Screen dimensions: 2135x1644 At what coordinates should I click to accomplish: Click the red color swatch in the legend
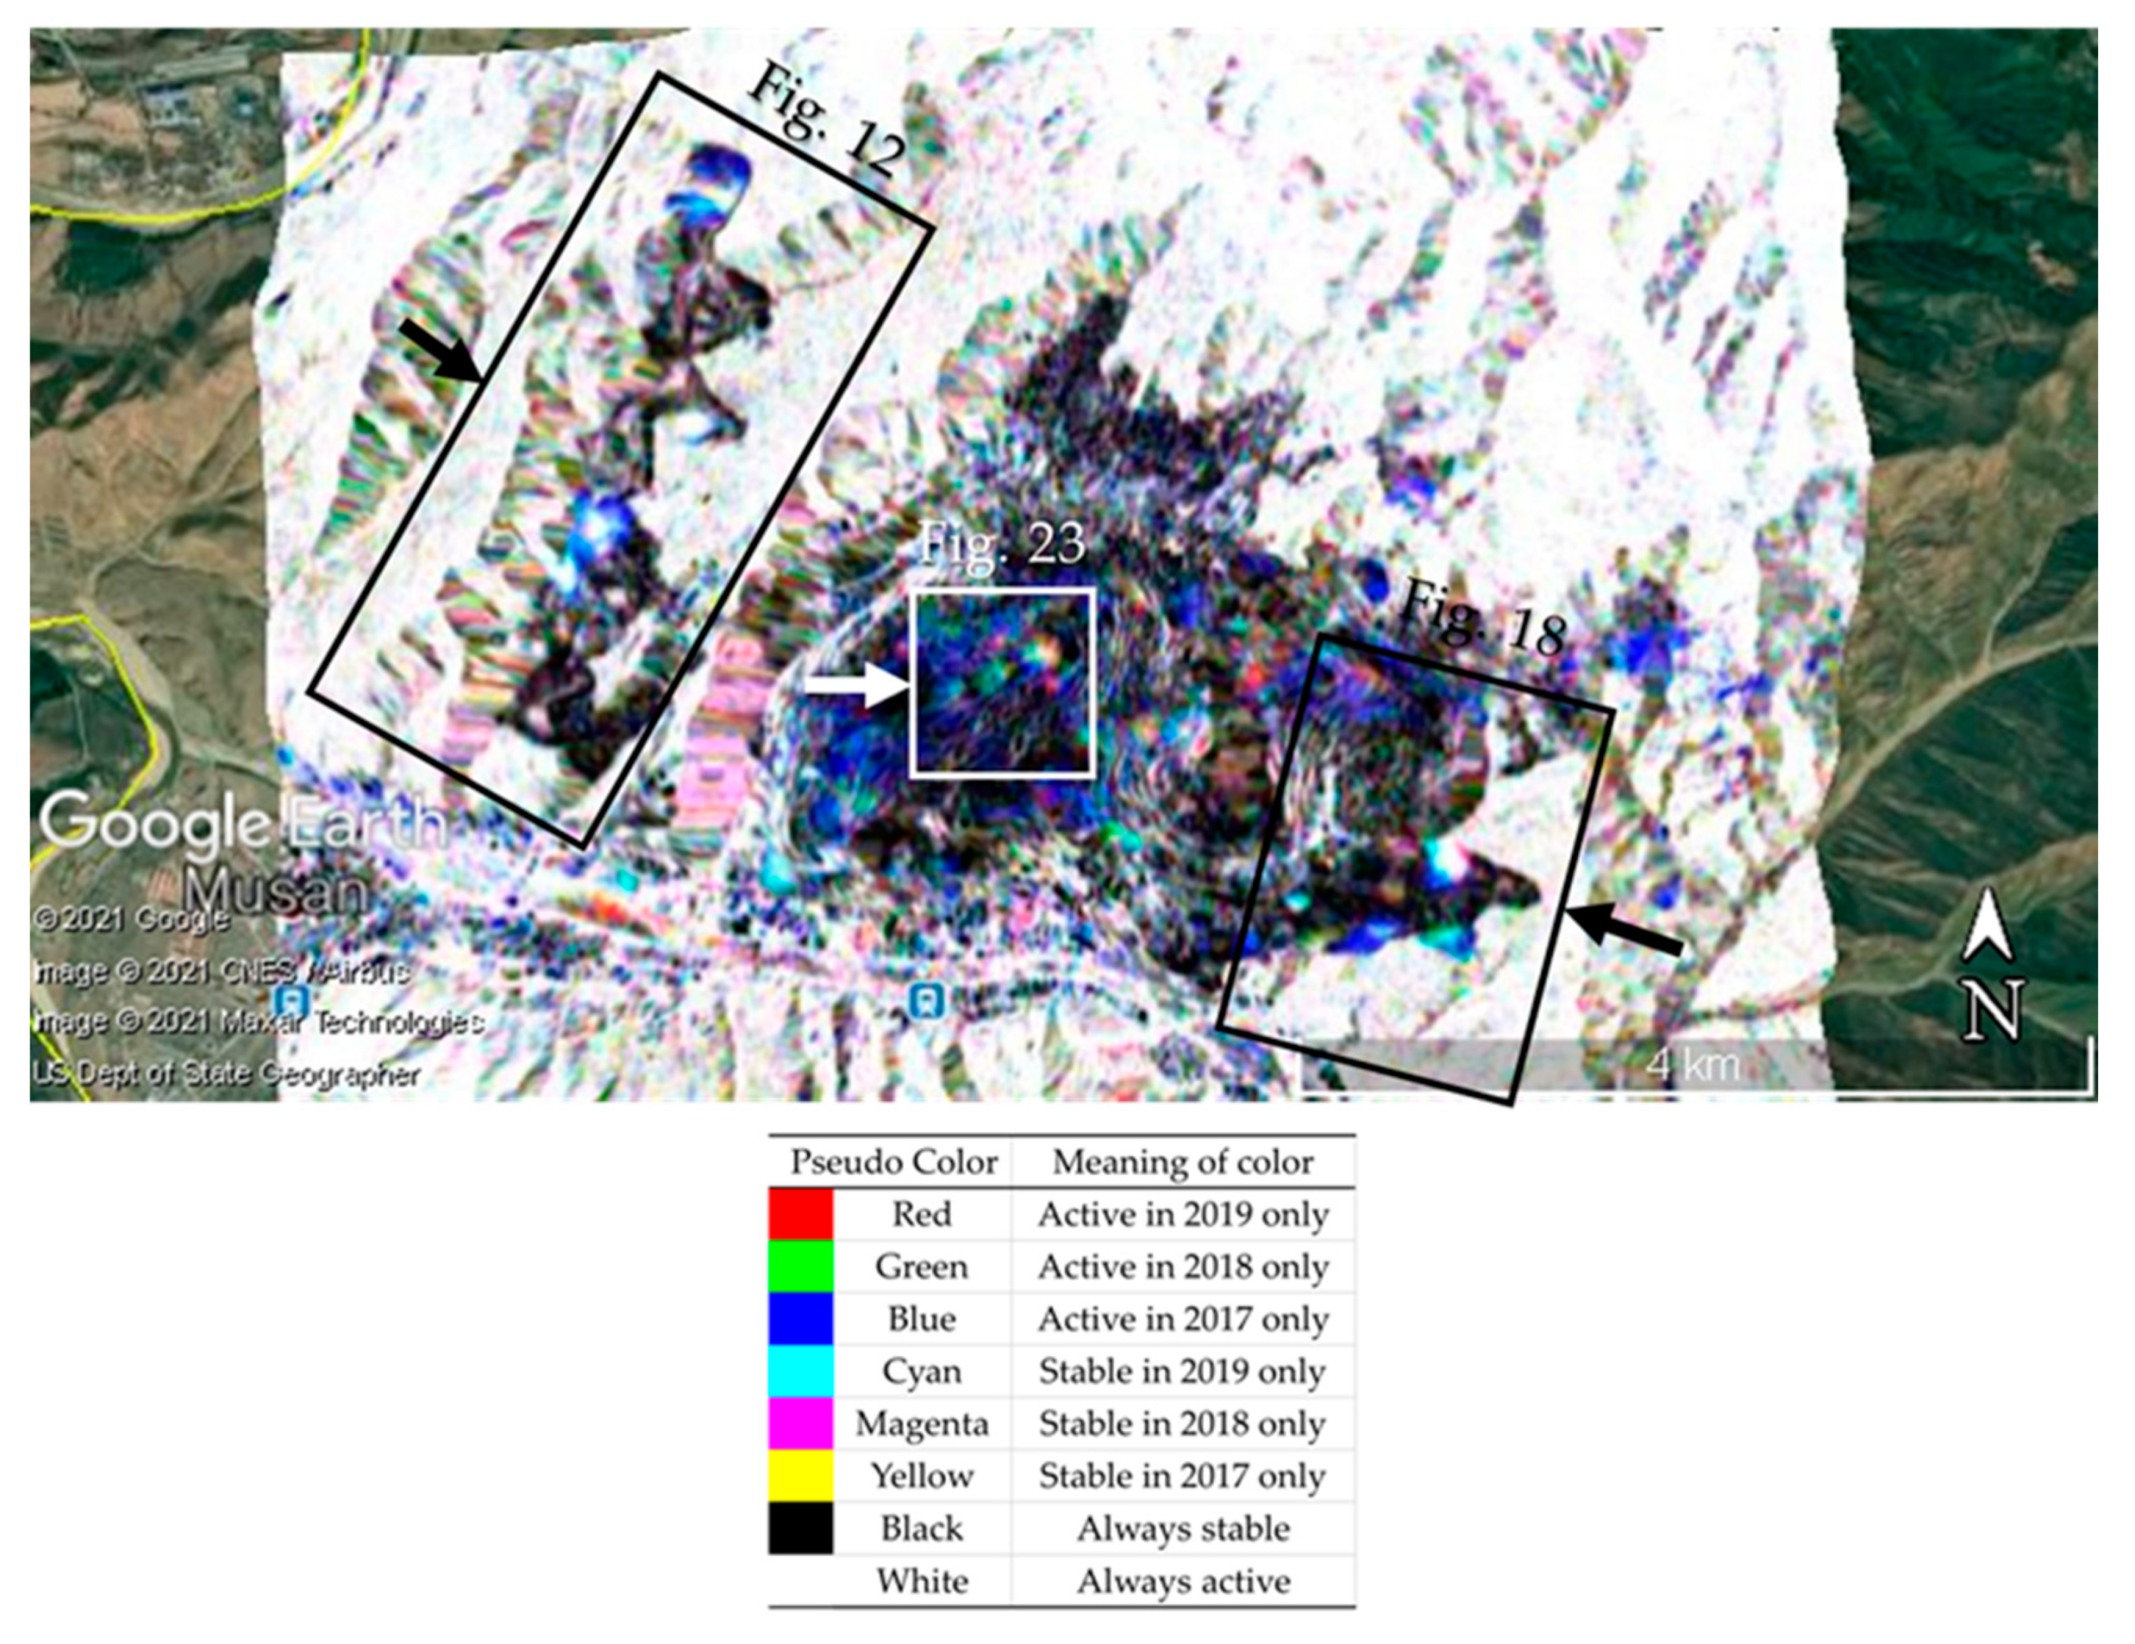(801, 1214)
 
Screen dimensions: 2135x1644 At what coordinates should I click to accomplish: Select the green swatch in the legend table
(801, 1266)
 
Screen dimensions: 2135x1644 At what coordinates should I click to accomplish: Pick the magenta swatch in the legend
(801, 1423)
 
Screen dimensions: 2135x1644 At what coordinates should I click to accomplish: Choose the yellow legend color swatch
(801, 1475)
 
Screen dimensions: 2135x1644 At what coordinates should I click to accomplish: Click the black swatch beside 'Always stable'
(801, 1528)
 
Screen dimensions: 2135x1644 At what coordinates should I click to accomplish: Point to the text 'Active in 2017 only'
(1183, 1319)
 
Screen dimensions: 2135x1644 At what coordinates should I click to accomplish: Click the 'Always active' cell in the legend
(1183, 1581)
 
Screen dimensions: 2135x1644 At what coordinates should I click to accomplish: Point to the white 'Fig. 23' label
(1002, 542)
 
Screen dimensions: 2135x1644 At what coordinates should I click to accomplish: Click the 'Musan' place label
(277, 890)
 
